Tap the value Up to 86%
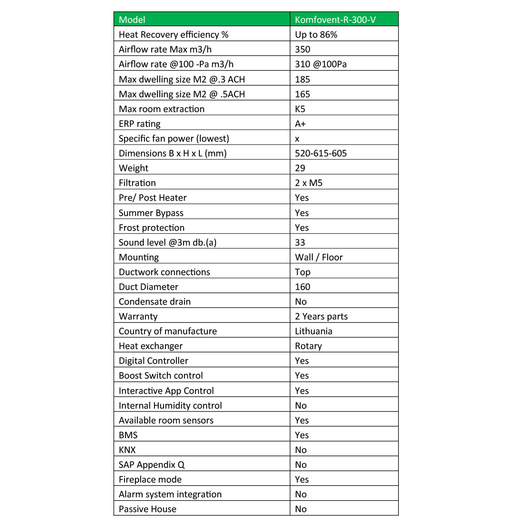pyautogui.click(x=316, y=34)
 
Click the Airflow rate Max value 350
pyautogui.click(x=302, y=49)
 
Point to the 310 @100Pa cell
pyautogui.click(x=320, y=64)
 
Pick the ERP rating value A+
pyautogui.click(x=300, y=124)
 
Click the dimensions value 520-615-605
pyautogui.click(x=320, y=153)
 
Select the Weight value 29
pyautogui.click(x=300, y=168)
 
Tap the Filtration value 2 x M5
pyautogui.click(x=309, y=183)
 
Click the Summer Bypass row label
pyautogui.click(x=151, y=213)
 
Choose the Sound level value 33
pyautogui.click(x=300, y=242)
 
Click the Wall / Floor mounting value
pyautogui.click(x=319, y=257)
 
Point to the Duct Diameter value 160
pyautogui.click(x=302, y=287)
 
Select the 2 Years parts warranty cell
pyautogui.click(x=321, y=316)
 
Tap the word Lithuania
pyautogui.click(x=313, y=331)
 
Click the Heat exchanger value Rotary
pyautogui.click(x=308, y=346)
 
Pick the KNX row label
pyautogui.click(x=127, y=450)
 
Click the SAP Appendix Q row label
pyautogui.click(x=152, y=464)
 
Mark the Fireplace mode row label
pyautogui.click(x=150, y=479)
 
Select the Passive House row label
pyautogui.click(x=147, y=509)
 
